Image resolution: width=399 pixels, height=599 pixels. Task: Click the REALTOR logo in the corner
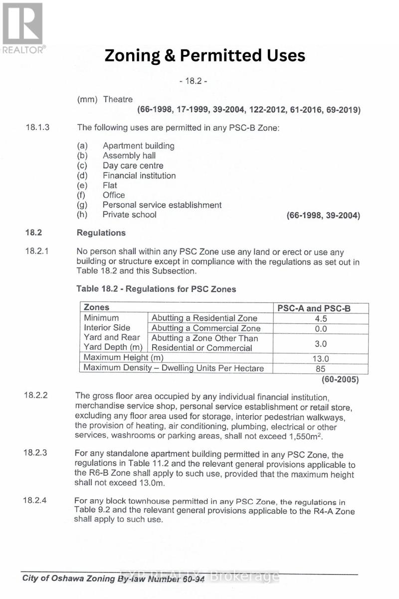pyautogui.click(x=23, y=27)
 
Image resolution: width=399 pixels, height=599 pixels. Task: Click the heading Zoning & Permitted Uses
pyautogui.click(x=204, y=55)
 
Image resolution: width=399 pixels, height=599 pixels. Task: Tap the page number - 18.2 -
pyautogui.click(x=193, y=81)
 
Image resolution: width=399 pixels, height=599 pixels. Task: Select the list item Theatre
pyautogui.click(x=118, y=99)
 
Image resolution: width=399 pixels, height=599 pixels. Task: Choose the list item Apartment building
pyautogui.click(x=138, y=146)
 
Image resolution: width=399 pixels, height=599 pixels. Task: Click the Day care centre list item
pyautogui.click(x=133, y=166)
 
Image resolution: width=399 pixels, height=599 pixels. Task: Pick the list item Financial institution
pyautogui.click(x=139, y=176)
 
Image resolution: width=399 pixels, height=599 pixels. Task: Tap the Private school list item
pyautogui.click(x=129, y=215)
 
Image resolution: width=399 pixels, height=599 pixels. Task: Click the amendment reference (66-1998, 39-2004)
pyautogui.click(x=323, y=215)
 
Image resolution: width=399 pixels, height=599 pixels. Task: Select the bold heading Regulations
pyautogui.click(x=101, y=233)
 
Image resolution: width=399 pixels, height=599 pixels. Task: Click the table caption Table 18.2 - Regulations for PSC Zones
pyautogui.click(x=156, y=289)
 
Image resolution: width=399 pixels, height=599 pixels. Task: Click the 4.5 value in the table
pyautogui.click(x=321, y=318)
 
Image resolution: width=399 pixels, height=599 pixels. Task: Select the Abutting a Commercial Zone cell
pyautogui.click(x=206, y=328)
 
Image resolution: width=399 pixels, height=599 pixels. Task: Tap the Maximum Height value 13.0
pyautogui.click(x=321, y=358)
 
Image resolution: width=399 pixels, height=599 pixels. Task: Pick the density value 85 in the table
pyautogui.click(x=321, y=369)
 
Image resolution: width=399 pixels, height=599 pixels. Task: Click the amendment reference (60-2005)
pyautogui.click(x=340, y=379)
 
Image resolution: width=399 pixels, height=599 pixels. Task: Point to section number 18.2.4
pyautogui.click(x=35, y=501)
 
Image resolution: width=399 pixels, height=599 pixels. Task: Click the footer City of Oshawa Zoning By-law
pyautogui.click(x=115, y=579)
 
